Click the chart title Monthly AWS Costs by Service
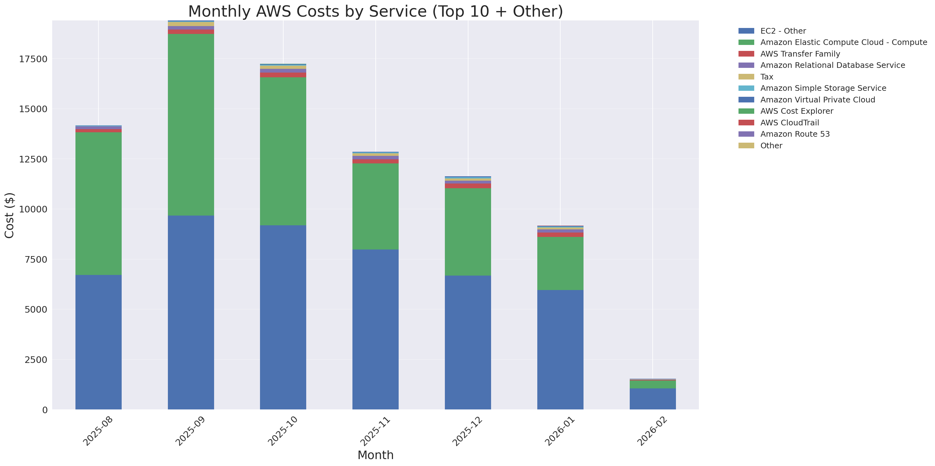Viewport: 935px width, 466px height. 375,11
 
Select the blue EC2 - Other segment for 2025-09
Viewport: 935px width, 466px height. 191,312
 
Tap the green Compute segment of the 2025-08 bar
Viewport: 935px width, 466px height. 98,203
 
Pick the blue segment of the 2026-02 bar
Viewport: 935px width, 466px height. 652,399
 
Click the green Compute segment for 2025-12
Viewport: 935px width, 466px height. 467,232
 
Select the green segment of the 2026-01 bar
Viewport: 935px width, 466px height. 560,263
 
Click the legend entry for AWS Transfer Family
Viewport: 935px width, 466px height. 800,54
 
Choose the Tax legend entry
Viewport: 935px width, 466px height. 766,77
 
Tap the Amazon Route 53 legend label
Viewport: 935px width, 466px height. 795,134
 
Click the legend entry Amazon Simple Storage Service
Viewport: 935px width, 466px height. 823,88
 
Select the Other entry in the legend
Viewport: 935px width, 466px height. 771,146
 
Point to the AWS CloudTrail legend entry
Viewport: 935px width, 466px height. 789,123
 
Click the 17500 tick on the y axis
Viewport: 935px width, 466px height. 33,59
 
